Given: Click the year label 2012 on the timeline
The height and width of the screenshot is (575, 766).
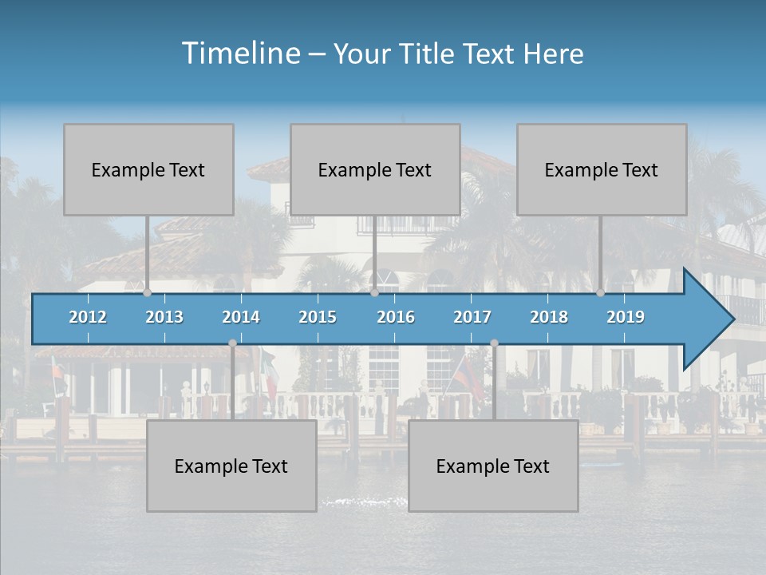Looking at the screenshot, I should [x=88, y=317].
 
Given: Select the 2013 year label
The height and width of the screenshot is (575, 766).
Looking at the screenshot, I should [x=164, y=317].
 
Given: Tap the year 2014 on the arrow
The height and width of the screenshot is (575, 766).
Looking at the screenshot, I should [x=241, y=317].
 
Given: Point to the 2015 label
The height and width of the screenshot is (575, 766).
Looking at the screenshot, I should [x=318, y=317].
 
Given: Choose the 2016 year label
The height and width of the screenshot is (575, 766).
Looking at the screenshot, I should [x=396, y=317].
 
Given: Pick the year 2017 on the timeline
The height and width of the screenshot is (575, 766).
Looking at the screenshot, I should [x=472, y=317].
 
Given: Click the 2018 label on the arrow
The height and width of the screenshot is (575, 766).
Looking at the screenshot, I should [x=549, y=317].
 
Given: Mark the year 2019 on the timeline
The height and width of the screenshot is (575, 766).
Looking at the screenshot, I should [x=626, y=317].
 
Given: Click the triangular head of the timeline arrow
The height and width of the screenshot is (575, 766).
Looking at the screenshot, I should [x=707, y=319].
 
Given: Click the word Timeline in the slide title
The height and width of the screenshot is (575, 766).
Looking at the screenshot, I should [x=240, y=54].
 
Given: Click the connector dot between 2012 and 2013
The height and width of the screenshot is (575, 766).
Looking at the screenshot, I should [x=147, y=293].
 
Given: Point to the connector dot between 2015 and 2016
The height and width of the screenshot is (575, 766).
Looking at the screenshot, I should [x=374, y=293].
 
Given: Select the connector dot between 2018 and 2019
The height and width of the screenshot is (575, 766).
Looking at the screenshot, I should [x=600, y=293].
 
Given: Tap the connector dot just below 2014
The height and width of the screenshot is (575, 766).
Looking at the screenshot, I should [x=232, y=343].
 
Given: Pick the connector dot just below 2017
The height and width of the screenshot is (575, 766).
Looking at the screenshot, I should [x=494, y=343].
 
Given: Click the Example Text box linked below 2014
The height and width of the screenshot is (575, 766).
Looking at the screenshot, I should [x=231, y=466].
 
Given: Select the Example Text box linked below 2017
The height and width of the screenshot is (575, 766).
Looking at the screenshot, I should [x=493, y=466].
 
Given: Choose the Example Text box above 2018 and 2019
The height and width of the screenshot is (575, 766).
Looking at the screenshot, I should [x=602, y=169].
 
